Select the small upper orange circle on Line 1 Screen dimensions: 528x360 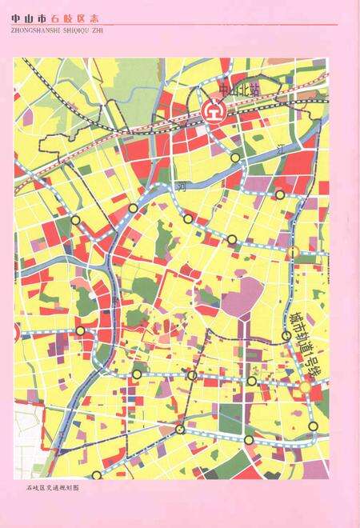pyautogui.click(x=294, y=253)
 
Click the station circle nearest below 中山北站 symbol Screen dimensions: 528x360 pyautogui.click(x=234, y=158)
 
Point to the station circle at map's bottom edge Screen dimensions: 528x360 pyautogui.click(x=249, y=440)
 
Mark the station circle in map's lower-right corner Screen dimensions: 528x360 pyautogui.click(x=314, y=425)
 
